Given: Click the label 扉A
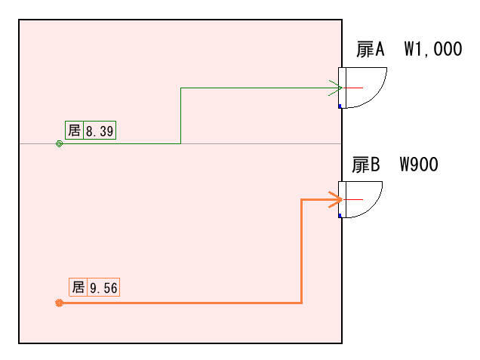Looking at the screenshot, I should tap(371, 50).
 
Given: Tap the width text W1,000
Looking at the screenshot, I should tap(432, 50).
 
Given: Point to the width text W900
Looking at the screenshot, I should tap(419, 165).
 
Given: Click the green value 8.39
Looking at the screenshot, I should tap(100, 131).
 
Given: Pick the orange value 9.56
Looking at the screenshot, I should tap(103, 288).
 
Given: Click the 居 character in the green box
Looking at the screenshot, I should tap(74, 131).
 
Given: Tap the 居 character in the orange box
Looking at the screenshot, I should tap(78, 288).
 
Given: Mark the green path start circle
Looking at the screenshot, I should tap(59, 143).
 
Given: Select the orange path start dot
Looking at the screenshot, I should tap(59, 303).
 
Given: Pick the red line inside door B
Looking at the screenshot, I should tap(353, 199).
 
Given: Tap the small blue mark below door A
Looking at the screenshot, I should tap(340, 106).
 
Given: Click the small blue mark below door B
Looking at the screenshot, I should tap(340, 217).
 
